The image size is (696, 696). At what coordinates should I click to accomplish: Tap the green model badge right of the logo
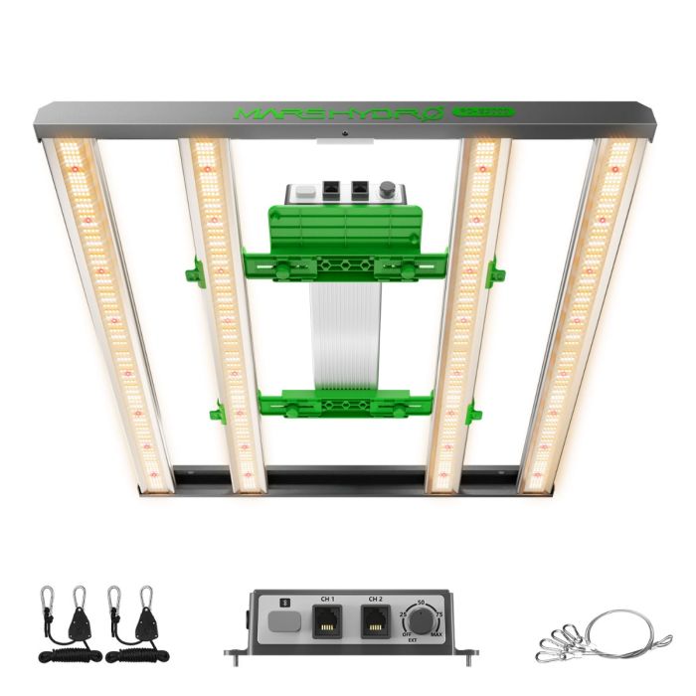(x=483, y=111)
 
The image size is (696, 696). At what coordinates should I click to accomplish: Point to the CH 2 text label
(x=376, y=600)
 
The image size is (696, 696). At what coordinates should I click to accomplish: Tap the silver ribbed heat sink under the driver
(x=345, y=338)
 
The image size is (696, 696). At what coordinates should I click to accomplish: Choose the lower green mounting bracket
(x=343, y=403)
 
